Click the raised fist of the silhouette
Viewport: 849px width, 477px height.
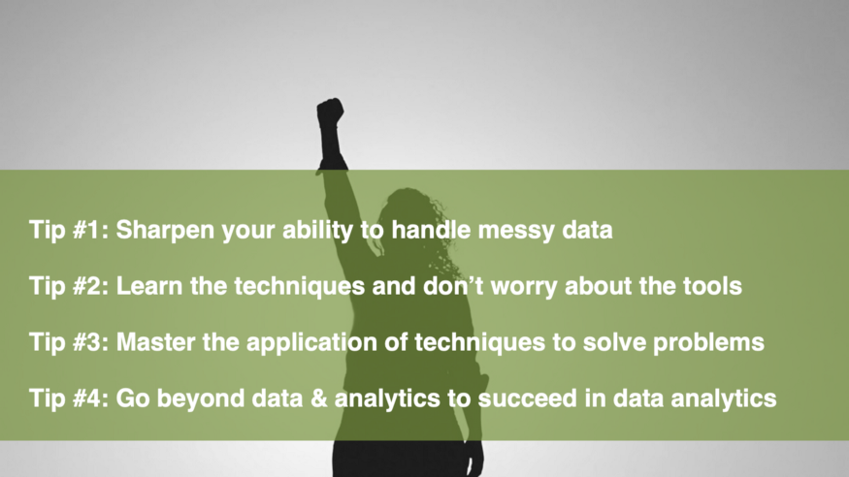(330, 112)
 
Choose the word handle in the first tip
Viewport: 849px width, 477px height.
(431, 230)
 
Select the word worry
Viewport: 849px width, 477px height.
(524, 287)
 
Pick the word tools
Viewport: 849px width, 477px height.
(712, 286)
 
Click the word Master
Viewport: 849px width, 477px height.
(155, 342)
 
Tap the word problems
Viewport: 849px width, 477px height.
(708, 343)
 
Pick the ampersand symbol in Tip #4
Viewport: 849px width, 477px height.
(319, 398)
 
